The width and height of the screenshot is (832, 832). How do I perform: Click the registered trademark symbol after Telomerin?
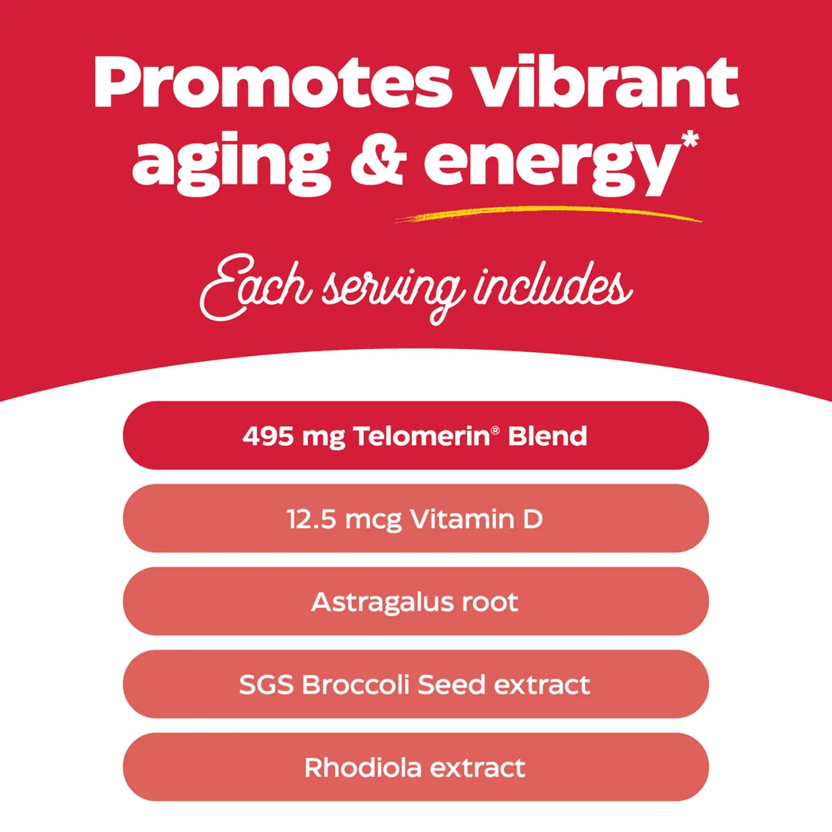[x=496, y=430]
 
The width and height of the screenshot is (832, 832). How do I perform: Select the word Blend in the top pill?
[x=547, y=436]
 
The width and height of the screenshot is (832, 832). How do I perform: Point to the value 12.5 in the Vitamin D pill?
[x=311, y=519]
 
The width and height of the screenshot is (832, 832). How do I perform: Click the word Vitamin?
[x=462, y=519]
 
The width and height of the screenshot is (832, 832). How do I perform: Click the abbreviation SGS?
[x=266, y=685]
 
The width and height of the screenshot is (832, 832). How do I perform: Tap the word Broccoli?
[x=355, y=685]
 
